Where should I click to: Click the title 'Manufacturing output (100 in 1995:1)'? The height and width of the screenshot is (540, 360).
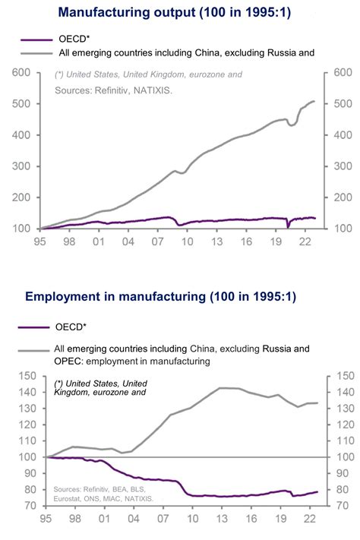point(179,12)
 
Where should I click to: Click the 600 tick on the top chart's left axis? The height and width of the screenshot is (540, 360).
point(21,73)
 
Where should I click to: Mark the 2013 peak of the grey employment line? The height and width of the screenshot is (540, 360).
point(220,388)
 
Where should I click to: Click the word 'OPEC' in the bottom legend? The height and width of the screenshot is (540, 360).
point(69,362)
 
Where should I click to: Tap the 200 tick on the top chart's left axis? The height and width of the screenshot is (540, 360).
point(21,197)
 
